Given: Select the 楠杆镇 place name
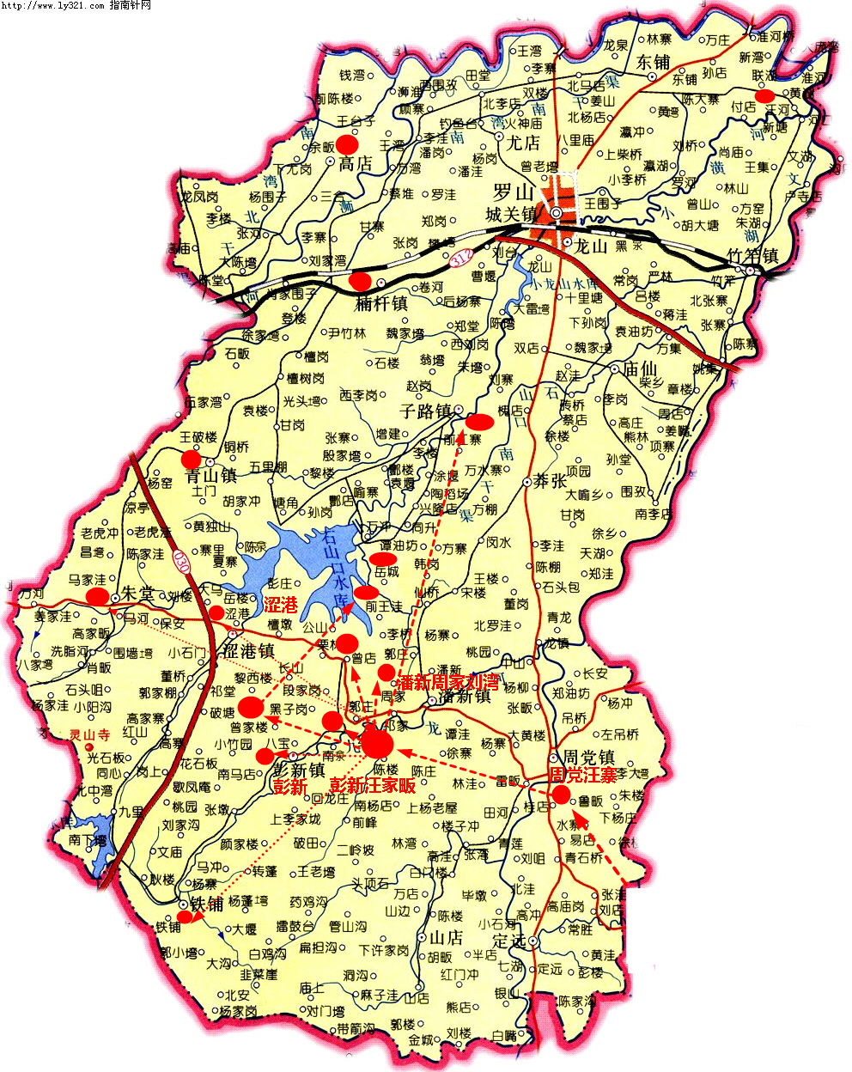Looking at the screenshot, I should [381, 303].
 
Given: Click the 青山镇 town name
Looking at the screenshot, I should [210, 475].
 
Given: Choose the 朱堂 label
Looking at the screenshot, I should [137, 594].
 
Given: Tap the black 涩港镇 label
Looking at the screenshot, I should [248, 650].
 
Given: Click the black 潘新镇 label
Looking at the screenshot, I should [464, 697].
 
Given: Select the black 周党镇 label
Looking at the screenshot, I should [588, 758].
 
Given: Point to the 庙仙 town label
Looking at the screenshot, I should [639, 368].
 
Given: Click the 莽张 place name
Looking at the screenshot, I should [549, 481].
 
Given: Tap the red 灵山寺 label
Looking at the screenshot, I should [90, 735].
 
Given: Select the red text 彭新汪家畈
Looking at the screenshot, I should [373, 785].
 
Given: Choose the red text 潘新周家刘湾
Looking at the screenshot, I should [447, 683].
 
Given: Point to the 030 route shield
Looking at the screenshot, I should [180, 563].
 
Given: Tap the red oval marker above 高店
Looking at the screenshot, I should [347, 143].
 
